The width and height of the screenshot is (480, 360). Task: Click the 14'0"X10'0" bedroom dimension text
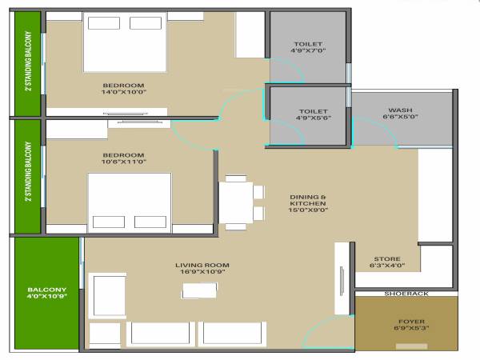point(123,93)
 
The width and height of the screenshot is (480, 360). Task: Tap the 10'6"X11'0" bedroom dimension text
point(123,162)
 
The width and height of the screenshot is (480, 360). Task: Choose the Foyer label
point(411,321)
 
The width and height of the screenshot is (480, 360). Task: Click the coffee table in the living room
point(199,290)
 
